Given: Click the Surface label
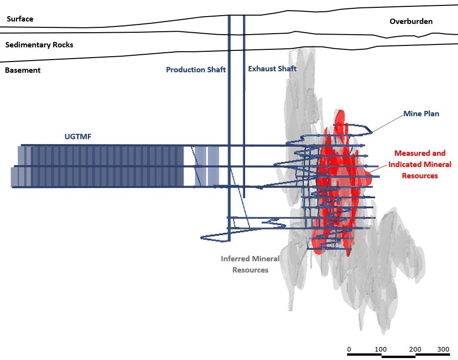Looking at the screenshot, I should tap(20, 19).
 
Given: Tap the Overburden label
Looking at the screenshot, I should tap(411, 21).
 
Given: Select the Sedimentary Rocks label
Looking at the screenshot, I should tap(39, 45).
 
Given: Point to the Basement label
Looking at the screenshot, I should tap(22, 70).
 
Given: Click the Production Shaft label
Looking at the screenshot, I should tap(196, 70).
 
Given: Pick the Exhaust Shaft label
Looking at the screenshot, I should tap(272, 69).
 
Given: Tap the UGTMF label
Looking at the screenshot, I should tap(78, 137).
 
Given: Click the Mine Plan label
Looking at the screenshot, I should tap(421, 114).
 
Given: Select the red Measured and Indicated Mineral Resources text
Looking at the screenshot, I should tap(419, 165).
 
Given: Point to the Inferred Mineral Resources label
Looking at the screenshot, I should tap(250, 264).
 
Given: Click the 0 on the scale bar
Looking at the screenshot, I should tap(349, 350).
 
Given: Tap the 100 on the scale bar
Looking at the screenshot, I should tap(380, 350).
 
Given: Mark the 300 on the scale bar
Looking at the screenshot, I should tap(443, 350).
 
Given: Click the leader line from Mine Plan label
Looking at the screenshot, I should tap(388, 123).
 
